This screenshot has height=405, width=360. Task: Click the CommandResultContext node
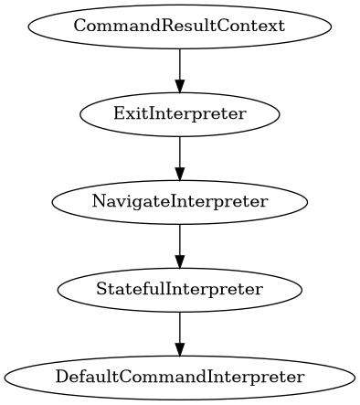(x=180, y=25)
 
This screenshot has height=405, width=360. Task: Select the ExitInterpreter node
(x=180, y=113)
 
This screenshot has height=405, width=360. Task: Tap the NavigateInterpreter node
(x=180, y=201)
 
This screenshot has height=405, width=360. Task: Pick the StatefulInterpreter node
(x=180, y=290)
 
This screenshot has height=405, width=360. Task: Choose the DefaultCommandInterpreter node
(x=180, y=378)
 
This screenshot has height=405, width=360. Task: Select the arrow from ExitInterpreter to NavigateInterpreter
(x=180, y=156)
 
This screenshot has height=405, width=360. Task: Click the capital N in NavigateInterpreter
(x=97, y=201)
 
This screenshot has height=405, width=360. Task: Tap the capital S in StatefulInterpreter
(x=101, y=290)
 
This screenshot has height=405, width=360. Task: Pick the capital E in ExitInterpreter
(x=118, y=113)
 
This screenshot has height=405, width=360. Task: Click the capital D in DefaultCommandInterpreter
(x=60, y=378)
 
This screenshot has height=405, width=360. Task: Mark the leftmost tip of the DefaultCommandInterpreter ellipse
(x=5, y=378)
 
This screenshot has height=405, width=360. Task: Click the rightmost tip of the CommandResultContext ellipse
(x=331, y=25)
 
